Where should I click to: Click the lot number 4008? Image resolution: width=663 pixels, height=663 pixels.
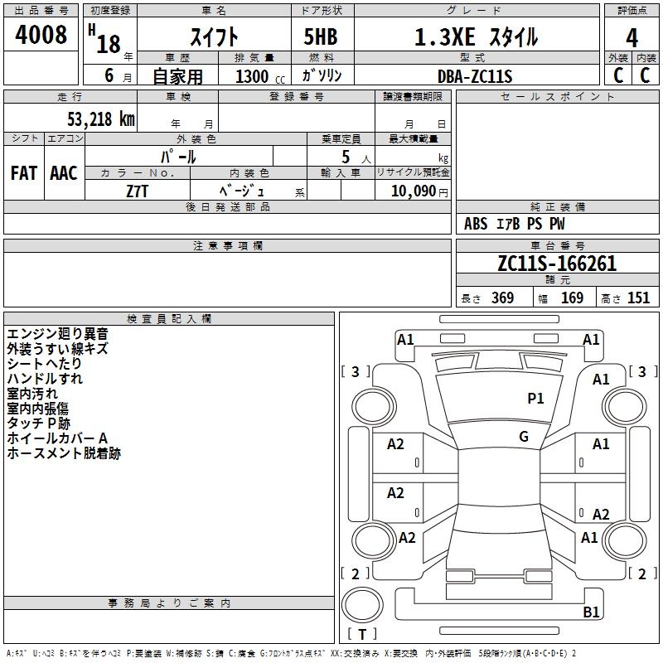tap(41, 36)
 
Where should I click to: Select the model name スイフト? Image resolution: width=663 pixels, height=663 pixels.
tap(215, 36)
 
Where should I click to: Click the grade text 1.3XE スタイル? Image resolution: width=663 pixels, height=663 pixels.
tap(476, 36)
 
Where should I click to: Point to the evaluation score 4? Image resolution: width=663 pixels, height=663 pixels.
tap(632, 38)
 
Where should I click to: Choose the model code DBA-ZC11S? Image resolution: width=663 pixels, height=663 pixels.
tap(475, 76)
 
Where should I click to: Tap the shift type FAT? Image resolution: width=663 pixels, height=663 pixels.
tap(24, 172)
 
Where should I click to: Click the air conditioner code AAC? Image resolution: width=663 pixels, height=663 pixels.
tap(64, 172)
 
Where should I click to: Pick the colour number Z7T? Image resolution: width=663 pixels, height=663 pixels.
tap(138, 190)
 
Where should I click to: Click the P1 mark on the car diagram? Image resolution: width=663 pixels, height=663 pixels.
tap(536, 399)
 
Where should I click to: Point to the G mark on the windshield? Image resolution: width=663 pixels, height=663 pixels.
tap(524, 436)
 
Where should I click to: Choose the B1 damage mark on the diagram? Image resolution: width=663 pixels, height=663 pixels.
tap(591, 612)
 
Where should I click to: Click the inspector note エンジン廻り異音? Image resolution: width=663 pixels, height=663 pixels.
tap(57, 334)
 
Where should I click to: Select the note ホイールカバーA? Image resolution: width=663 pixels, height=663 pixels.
tap(57, 438)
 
